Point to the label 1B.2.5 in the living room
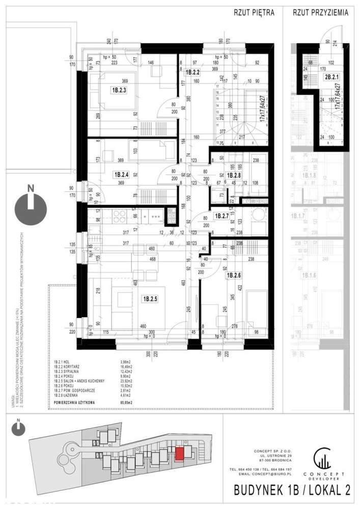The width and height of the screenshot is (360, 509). point(150,299)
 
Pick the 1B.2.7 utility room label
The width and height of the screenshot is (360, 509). point(222,216)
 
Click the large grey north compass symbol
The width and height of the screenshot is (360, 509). point(31,208)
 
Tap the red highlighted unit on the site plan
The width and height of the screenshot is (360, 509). point(179,453)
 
